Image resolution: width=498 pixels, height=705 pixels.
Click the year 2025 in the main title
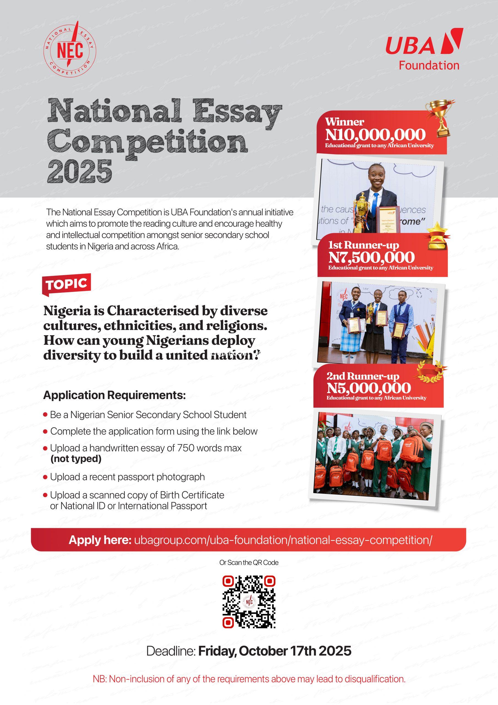pyautogui.click(x=80, y=172)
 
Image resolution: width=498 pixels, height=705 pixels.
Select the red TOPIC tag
pyautogui.click(x=67, y=284)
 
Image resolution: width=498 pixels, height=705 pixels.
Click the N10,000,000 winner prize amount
pyautogui.click(x=376, y=134)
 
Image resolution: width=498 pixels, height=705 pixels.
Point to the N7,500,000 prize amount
pyautogui.click(x=371, y=257)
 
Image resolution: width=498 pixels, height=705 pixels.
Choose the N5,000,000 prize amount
pyautogui.click(x=368, y=388)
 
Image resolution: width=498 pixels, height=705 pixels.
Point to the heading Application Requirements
pyautogui.click(x=114, y=395)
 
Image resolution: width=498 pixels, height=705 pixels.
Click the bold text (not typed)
pyautogui.click(x=76, y=459)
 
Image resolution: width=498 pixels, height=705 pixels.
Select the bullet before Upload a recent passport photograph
pyautogui.click(x=45, y=477)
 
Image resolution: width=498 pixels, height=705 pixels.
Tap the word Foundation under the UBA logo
pyautogui.click(x=429, y=65)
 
